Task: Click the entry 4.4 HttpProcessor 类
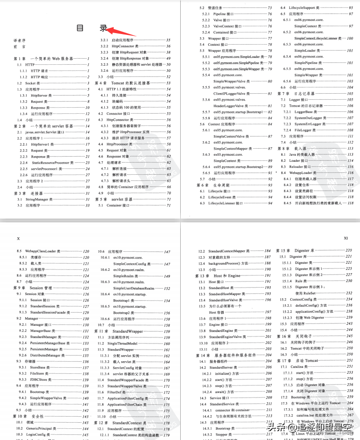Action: point(123,144)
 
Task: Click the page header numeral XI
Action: point(346,238)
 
